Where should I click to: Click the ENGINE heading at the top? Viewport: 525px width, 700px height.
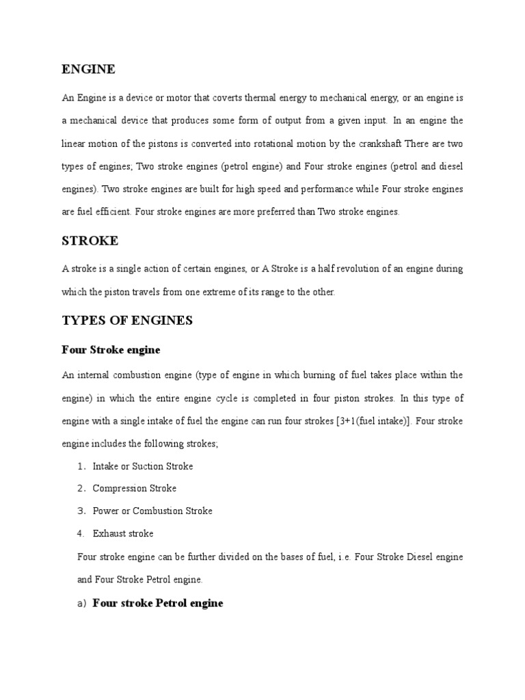[88, 69]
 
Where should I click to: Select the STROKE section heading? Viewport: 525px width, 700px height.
[90, 241]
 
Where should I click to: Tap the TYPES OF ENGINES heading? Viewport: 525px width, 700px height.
[127, 321]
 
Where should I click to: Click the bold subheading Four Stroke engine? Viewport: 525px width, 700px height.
[111, 350]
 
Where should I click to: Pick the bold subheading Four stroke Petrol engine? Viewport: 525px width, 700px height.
[158, 604]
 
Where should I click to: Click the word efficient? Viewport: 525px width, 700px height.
[109, 212]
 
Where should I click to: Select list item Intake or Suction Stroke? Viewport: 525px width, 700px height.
[143, 466]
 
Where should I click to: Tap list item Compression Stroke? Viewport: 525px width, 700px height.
[135, 488]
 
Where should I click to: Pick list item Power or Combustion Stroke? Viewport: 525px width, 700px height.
[152, 511]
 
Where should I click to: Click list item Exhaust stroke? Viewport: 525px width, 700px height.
[123, 533]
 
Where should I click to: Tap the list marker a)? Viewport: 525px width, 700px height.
[83, 604]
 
